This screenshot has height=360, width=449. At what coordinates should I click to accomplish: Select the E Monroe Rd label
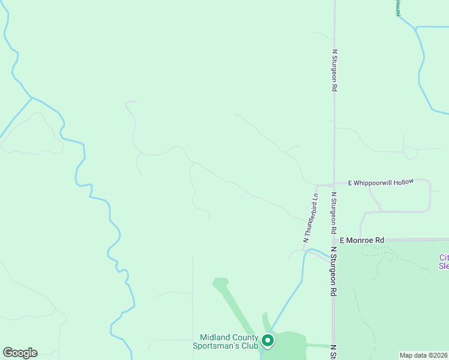(361, 240)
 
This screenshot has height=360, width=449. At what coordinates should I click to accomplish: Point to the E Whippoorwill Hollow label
(381, 182)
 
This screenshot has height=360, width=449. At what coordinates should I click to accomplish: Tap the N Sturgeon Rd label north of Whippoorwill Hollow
(334, 70)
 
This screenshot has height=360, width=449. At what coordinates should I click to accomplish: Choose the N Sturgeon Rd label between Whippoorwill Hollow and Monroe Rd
(334, 213)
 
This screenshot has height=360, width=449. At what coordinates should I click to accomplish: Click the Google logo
(20, 353)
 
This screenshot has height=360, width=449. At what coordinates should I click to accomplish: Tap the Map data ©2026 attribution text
(424, 355)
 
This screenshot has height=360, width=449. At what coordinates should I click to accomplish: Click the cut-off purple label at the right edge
(444, 262)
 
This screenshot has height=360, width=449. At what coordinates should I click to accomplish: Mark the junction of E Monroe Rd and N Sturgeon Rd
(334, 239)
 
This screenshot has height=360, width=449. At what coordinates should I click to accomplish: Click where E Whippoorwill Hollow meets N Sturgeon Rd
(334, 184)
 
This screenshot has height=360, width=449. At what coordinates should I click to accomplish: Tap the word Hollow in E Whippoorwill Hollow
(403, 182)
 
